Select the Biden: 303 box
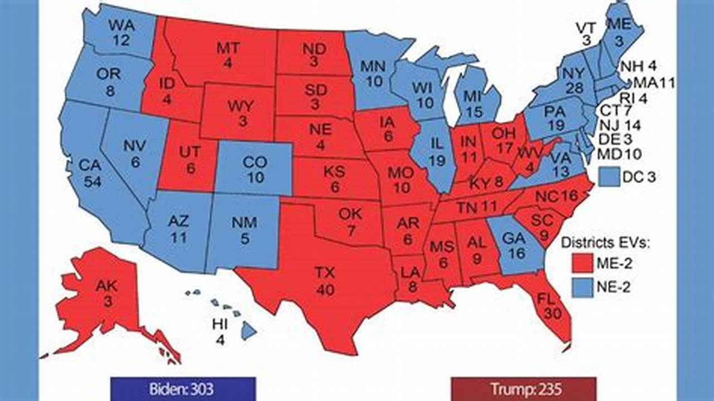[x=183, y=388]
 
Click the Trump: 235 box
[x=523, y=388]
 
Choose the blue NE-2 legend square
[x=582, y=288]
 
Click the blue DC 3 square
[x=609, y=178]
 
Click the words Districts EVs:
[x=606, y=242]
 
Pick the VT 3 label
[x=586, y=34]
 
